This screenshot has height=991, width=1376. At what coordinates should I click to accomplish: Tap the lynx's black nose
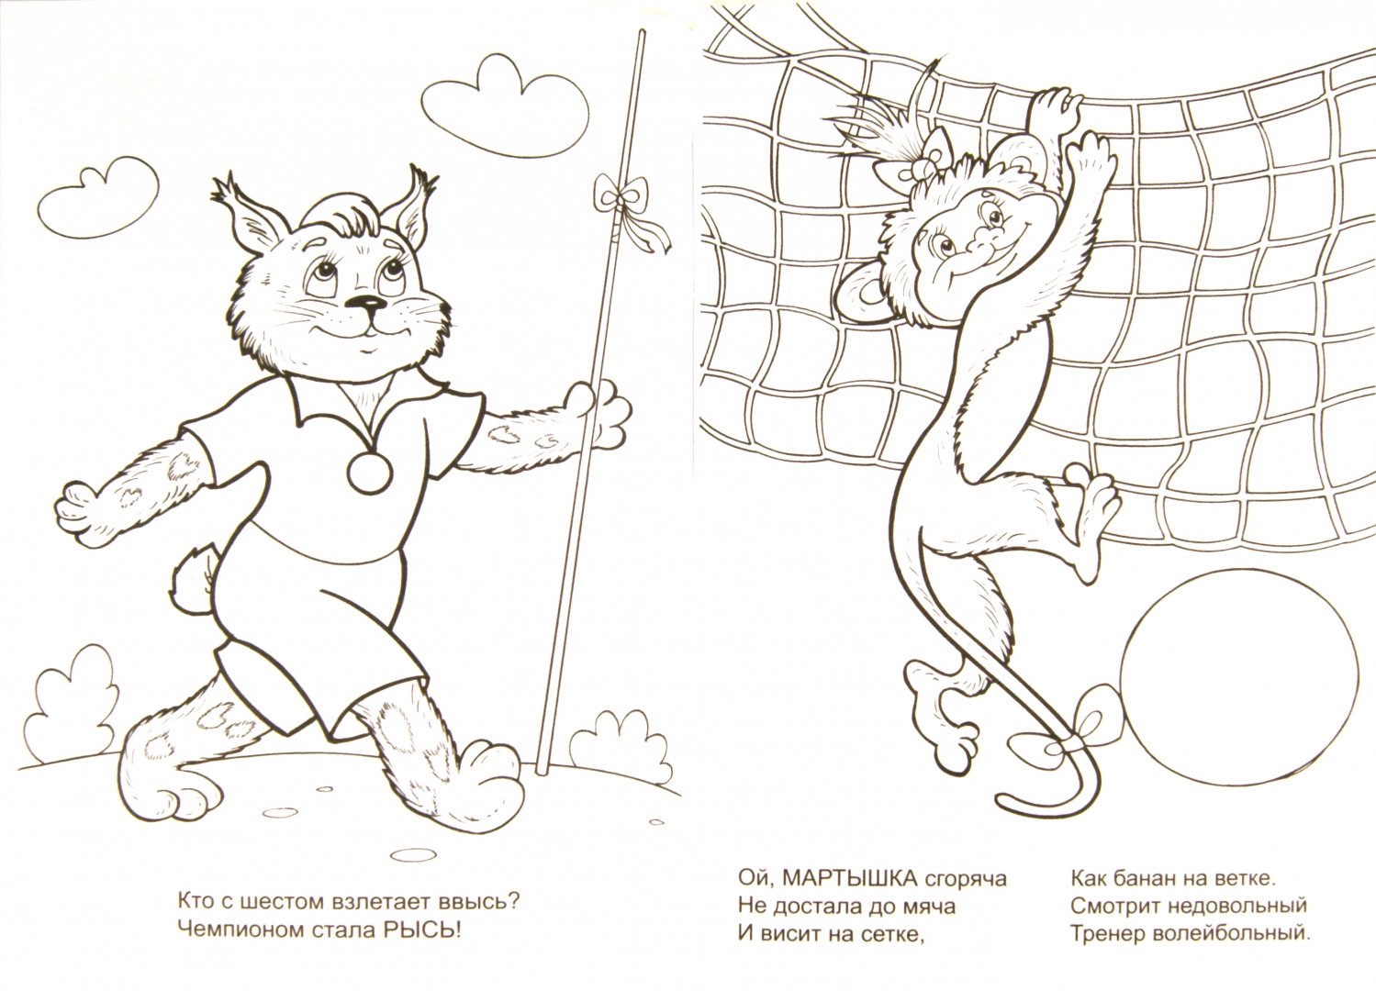pyautogui.click(x=368, y=302)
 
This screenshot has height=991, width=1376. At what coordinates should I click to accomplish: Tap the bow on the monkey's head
pyautogui.click(x=925, y=168)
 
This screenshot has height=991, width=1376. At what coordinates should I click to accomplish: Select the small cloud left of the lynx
pyautogui.click(x=97, y=196)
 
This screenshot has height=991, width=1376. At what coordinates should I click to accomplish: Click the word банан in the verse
pyautogui.click(x=1147, y=879)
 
